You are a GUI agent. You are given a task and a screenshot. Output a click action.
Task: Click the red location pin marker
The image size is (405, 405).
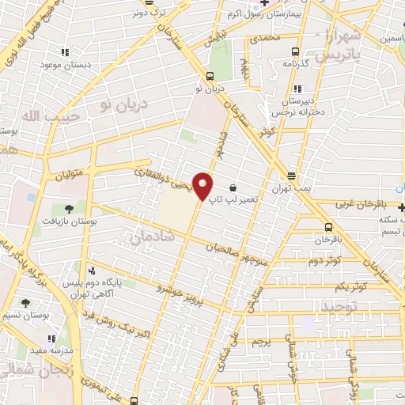[204, 186]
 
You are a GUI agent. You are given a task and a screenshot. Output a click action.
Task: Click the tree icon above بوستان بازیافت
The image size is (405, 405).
[69, 208]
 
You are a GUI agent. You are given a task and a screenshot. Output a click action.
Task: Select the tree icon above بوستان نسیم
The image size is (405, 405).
[26, 302]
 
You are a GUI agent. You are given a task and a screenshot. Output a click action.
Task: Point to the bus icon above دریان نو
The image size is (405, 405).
[210, 76]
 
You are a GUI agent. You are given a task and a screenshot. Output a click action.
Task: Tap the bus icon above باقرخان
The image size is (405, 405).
[323, 225]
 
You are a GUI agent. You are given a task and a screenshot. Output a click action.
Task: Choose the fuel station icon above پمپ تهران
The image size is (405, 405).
[292, 176]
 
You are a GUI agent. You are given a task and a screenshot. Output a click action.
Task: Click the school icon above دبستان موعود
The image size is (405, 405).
[64, 53]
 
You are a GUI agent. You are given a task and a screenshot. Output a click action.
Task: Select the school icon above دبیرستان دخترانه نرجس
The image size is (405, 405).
[297, 89]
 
